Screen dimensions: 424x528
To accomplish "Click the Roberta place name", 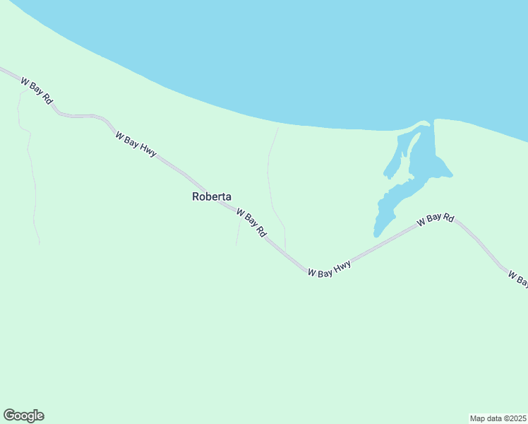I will (x=212, y=197).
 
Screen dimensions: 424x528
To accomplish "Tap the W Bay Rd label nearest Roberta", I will (x=251, y=223).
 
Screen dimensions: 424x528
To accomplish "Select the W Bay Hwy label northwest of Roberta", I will (x=136, y=143).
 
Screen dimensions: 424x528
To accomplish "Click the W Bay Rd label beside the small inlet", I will (x=435, y=220).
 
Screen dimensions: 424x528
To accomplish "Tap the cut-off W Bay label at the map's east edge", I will (x=517, y=278).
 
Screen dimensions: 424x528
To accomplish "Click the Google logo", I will (x=23, y=416).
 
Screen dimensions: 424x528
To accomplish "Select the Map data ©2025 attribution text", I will (x=498, y=418).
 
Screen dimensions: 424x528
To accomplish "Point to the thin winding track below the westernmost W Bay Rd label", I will (x=30, y=170).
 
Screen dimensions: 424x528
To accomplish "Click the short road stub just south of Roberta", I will (x=238, y=233).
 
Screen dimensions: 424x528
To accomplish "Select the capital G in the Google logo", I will (x=9, y=416).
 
